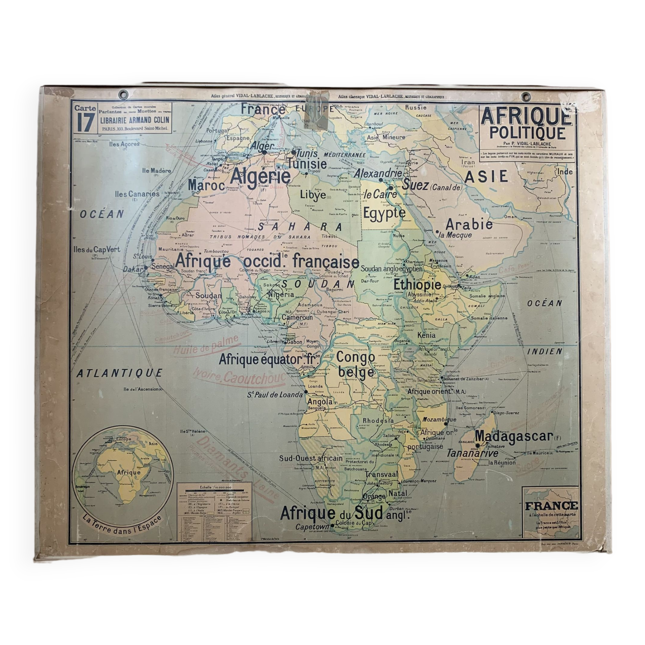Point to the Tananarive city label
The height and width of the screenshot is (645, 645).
click(x=472, y=453)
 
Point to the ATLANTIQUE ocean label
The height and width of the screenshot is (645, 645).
click(x=119, y=373)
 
